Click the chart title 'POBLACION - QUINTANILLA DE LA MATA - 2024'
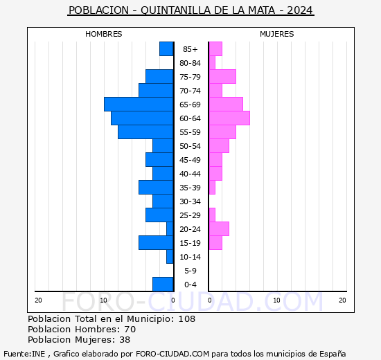click(190, 10)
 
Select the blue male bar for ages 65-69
click(139, 104)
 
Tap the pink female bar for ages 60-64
click(229, 118)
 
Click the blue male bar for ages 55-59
click(145, 132)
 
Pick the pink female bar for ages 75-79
click(222, 76)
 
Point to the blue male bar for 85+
click(166, 48)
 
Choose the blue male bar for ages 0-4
click(163, 284)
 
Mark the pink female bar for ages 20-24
click(219, 228)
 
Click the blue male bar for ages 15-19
click(156, 242)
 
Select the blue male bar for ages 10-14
click(170, 256)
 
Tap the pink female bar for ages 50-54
click(219, 145)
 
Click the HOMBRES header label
click(104, 34)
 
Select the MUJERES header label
click(276, 34)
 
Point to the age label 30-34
click(190, 201)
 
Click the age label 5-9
click(190, 271)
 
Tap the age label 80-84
click(190, 63)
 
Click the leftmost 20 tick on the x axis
click(39, 300)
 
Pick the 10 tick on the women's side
click(276, 300)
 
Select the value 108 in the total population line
click(186, 319)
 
